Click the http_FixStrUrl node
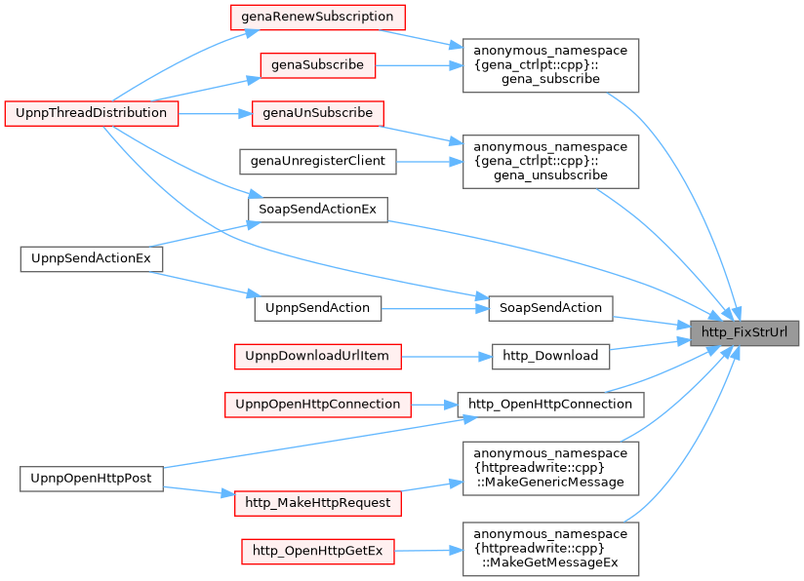point(745,331)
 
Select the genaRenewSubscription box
point(317,17)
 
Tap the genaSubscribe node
point(317,64)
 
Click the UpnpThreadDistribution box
point(92,112)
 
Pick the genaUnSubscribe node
point(317,112)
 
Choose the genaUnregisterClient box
point(318,161)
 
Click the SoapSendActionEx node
point(317,209)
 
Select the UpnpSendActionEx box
point(92,258)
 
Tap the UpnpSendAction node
point(317,307)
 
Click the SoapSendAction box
point(550,307)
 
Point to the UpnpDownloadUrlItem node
point(317,356)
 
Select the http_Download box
point(550,356)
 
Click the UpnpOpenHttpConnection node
point(317,404)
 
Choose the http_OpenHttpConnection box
point(550,404)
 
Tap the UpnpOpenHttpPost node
point(92,478)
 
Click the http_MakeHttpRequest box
point(317,503)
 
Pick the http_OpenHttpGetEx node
point(317,552)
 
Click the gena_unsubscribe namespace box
point(550,161)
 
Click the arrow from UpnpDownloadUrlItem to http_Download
point(445,356)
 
